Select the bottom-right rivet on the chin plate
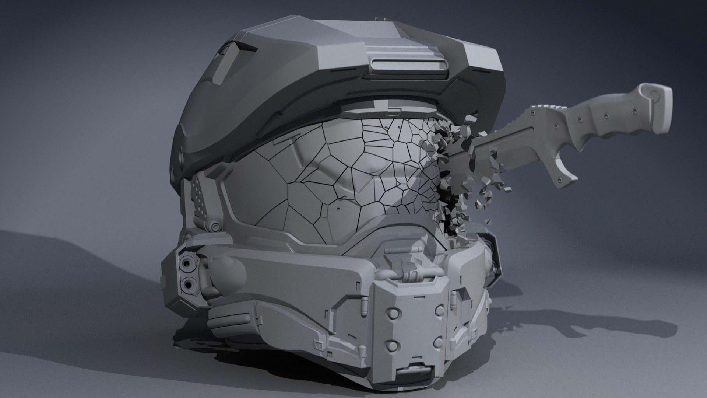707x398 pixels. click(x=439, y=342)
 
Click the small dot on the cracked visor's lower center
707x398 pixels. click(x=338, y=209)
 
